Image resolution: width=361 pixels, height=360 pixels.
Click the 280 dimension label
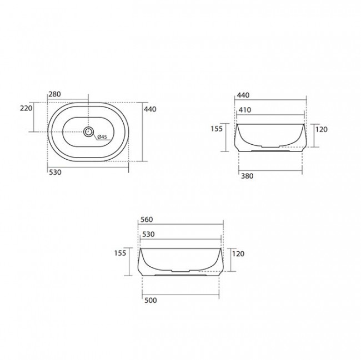pyautogui.click(x=54, y=94)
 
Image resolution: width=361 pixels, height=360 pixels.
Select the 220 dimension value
pyautogui.click(x=26, y=108)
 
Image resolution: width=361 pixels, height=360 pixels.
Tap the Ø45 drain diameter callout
pyautogui.click(x=102, y=137)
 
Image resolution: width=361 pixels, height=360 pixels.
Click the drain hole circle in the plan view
pyautogui.click(x=88, y=131)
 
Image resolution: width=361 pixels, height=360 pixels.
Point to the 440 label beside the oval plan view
pyautogui.click(x=150, y=109)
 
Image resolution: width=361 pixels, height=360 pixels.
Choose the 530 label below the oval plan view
pyautogui.click(x=55, y=172)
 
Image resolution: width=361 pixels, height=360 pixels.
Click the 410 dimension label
pyautogui.click(x=245, y=110)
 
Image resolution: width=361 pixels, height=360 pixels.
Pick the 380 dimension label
pyautogui.click(x=247, y=176)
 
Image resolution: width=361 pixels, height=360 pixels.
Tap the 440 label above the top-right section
pyautogui.click(x=243, y=95)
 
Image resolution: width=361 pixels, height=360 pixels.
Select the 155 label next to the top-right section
pyautogui.click(x=217, y=129)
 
